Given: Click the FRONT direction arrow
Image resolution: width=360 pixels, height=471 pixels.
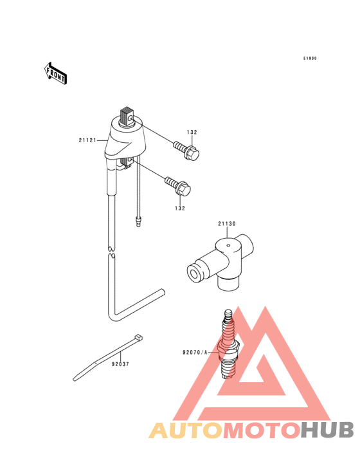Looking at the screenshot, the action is point(55,73).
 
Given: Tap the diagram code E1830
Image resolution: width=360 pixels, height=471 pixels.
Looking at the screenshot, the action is point(310,59).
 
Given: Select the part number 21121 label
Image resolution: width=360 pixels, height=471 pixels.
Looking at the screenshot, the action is point(87,140).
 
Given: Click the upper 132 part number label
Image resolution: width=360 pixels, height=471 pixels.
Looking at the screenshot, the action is point(192,132).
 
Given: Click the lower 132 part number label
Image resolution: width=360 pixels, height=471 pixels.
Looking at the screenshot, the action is point(180,208).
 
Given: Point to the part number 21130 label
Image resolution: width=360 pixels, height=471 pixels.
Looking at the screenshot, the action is point(227,224).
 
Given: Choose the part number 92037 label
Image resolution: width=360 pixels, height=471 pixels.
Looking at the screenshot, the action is point(120,364).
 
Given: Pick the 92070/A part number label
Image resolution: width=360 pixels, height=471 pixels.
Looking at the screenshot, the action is point(195,353).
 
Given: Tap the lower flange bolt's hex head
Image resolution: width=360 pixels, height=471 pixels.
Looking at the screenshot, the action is point(184,189).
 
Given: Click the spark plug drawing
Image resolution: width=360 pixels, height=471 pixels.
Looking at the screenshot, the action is point(229,344).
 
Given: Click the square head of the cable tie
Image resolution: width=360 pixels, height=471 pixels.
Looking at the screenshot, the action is point(138,337).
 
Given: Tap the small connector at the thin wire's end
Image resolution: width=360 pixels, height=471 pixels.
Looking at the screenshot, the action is point(138,221).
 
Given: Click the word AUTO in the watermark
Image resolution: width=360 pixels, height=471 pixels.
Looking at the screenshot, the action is point(186,430).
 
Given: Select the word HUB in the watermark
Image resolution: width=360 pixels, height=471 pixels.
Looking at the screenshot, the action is point(327,430).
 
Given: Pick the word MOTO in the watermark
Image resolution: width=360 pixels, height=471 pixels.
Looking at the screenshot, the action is point(262,430).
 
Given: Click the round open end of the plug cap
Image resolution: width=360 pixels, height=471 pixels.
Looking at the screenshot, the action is point(194,273).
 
